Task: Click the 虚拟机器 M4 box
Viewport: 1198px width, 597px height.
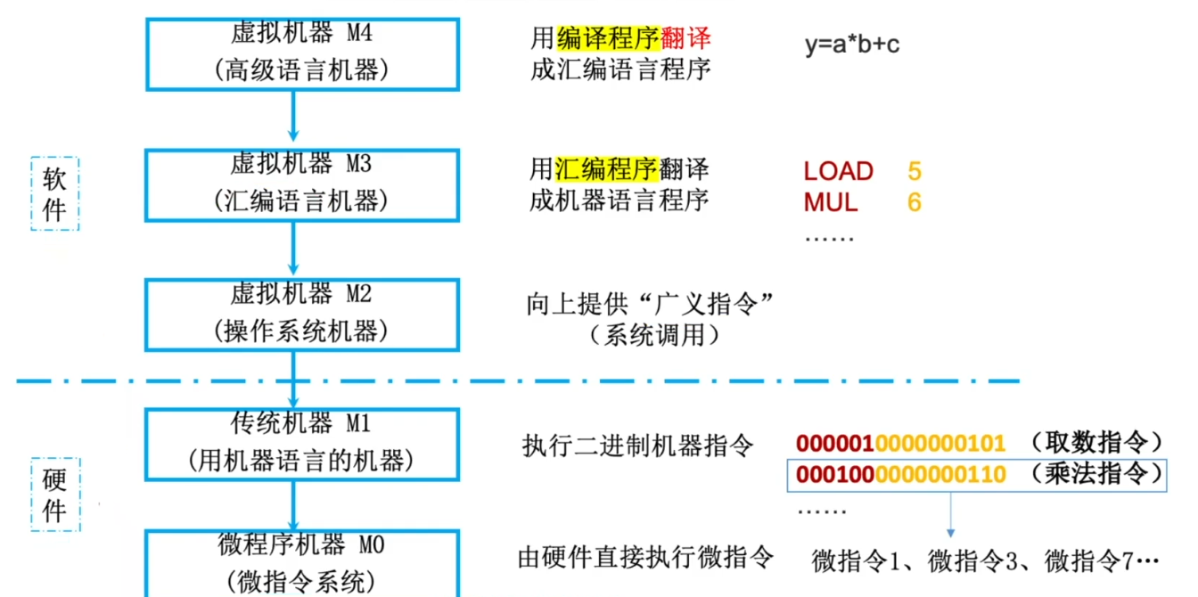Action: click(302, 53)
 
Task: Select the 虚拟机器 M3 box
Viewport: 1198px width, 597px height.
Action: click(302, 184)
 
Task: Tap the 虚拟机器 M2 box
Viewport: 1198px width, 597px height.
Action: click(302, 315)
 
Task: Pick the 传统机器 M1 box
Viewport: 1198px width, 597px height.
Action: click(302, 443)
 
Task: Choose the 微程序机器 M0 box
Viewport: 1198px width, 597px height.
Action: click(302, 564)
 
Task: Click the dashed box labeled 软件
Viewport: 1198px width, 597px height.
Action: click(54, 194)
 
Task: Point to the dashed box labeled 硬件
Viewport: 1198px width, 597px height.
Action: click(54, 495)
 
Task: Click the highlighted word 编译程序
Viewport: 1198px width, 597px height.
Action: click(608, 38)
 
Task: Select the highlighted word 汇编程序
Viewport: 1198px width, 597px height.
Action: click(607, 168)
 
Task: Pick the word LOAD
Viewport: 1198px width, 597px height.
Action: click(838, 171)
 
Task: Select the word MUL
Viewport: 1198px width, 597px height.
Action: click(830, 202)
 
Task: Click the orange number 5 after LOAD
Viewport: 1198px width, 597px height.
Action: click(914, 171)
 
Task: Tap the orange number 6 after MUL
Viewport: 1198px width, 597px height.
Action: click(914, 202)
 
